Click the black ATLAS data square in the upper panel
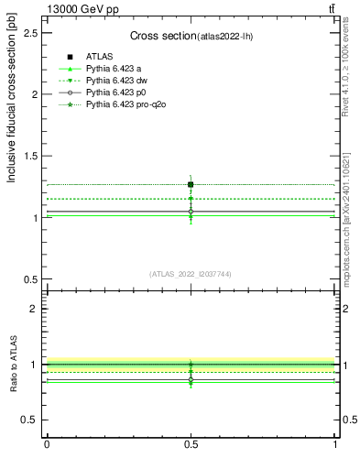click(x=191, y=184)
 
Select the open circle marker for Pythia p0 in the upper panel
click(x=191, y=211)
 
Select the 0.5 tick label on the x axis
click(x=191, y=444)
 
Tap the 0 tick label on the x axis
click(x=47, y=444)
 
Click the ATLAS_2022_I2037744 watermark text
click(x=191, y=273)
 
